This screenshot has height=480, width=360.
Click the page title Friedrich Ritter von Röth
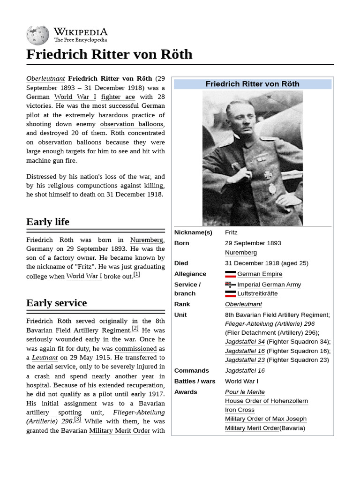point(109,54)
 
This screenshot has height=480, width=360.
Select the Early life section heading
point(48,222)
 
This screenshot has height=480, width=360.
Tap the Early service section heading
point(56,303)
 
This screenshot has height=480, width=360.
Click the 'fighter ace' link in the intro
point(118,97)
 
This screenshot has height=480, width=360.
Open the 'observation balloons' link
point(132,124)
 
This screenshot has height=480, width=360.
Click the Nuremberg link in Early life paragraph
point(147,240)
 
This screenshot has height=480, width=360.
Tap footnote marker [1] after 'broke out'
point(136,275)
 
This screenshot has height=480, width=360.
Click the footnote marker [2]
point(135,329)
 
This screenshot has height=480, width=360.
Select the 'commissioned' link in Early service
point(135,349)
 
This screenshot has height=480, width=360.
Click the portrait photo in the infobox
point(252,158)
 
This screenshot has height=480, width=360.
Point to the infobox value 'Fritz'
point(231,232)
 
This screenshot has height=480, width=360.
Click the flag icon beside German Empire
point(230,274)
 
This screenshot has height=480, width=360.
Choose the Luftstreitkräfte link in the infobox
point(257,293)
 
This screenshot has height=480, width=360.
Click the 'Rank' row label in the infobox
point(182,304)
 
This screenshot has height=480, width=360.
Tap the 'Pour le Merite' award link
point(245,392)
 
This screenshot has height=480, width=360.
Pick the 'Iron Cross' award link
point(240,410)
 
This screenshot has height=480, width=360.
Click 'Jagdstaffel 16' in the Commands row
point(245,370)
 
